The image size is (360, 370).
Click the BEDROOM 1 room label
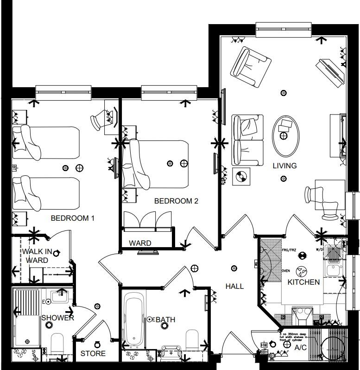click(x=72, y=217)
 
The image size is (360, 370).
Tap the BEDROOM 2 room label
click(x=176, y=201)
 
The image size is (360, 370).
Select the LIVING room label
click(x=284, y=166)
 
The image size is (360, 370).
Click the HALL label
click(x=234, y=286)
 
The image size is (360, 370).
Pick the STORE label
click(x=93, y=353)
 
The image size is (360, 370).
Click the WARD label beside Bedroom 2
click(x=140, y=243)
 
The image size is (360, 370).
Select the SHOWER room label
click(x=58, y=318)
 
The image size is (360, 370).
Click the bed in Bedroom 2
click(x=162, y=163)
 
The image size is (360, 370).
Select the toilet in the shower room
click(x=57, y=344)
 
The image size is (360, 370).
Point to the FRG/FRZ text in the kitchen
click(x=289, y=250)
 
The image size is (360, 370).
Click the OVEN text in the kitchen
click(x=286, y=271)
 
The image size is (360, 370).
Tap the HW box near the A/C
click(x=264, y=345)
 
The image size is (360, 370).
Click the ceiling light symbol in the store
click(x=97, y=344)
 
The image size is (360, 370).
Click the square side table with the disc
click(x=241, y=176)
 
